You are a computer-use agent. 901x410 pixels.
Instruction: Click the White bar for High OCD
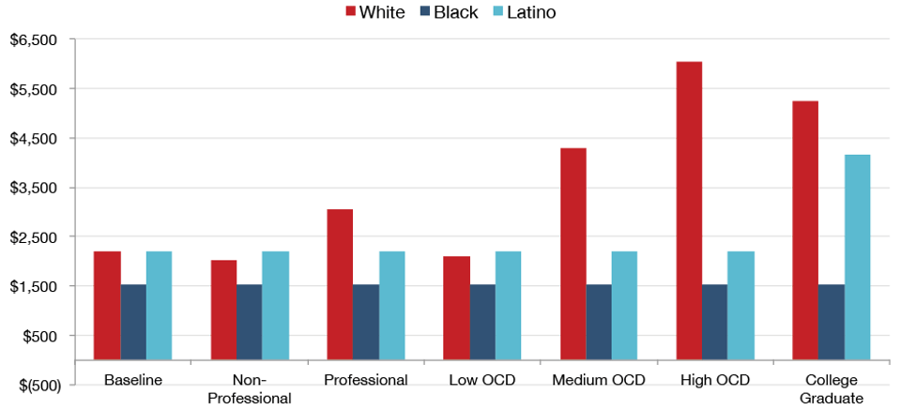coord(689,210)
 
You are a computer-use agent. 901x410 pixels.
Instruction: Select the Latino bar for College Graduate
coord(857,257)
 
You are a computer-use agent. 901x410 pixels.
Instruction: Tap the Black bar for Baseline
coord(133,322)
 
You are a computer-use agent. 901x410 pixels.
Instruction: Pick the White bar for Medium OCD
coord(573,253)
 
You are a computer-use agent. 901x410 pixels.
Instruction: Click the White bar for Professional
coord(340,284)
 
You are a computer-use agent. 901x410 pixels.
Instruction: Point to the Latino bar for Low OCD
coord(508,306)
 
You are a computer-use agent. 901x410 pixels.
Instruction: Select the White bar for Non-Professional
coord(223,310)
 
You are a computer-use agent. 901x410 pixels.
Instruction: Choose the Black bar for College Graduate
coord(832,322)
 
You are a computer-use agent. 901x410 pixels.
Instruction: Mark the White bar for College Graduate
coord(805,230)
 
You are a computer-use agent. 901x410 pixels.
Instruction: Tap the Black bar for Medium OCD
coord(599,322)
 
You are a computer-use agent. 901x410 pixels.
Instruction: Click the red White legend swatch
coord(352,12)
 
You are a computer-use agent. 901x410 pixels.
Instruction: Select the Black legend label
coord(455,12)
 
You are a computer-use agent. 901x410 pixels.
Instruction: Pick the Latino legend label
coord(530,12)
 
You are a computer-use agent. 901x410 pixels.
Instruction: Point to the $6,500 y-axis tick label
coord(33,40)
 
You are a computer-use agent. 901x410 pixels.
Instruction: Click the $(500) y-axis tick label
coord(35,385)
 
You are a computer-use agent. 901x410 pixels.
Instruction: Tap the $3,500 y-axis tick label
coord(33,188)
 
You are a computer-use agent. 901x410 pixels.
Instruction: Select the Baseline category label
coord(133,380)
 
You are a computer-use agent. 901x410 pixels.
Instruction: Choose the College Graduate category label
coord(832,388)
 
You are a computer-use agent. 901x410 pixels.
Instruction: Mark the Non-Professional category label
coord(249,388)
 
